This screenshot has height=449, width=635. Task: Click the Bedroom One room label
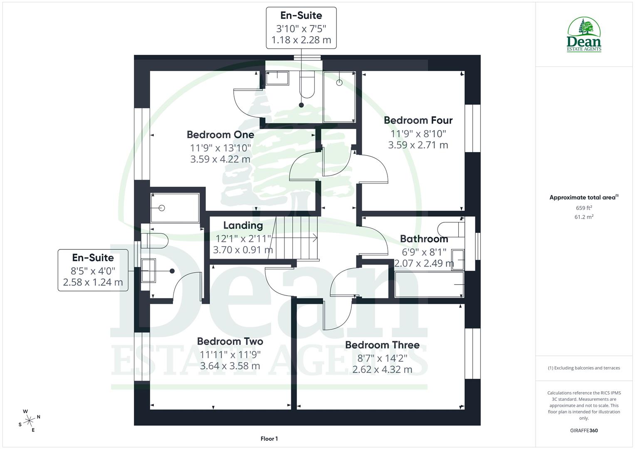pyautogui.click(x=220, y=135)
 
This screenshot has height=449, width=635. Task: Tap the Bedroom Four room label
pyautogui.click(x=418, y=120)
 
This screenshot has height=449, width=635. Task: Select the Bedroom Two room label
pyautogui.click(x=230, y=341)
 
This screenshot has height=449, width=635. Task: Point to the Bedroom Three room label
pyautogui.click(x=382, y=345)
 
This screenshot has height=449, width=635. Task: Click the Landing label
pyautogui.click(x=243, y=225)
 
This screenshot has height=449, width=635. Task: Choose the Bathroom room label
pyautogui.click(x=424, y=239)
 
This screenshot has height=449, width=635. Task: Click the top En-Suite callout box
pyautogui.click(x=301, y=27)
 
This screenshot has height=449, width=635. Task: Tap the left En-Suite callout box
pyautogui.click(x=93, y=270)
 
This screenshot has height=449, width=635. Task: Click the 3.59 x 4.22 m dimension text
pyautogui.click(x=220, y=159)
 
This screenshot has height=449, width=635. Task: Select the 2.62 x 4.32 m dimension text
pyautogui.click(x=382, y=370)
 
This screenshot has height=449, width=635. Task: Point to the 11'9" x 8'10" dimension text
pyautogui.click(x=418, y=134)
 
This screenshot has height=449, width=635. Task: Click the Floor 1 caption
pyautogui.click(x=269, y=439)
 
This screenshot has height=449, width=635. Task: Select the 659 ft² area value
pyautogui.click(x=584, y=208)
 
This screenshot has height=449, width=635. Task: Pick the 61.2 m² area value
pyautogui.click(x=584, y=217)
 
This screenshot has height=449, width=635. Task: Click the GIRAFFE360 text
pyautogui.click(x=584, y=431)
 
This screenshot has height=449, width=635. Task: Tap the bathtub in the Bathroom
pyautogui.click(x=429, y=284)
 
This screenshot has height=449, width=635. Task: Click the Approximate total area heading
pyautogui.click(x=584, y=197)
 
